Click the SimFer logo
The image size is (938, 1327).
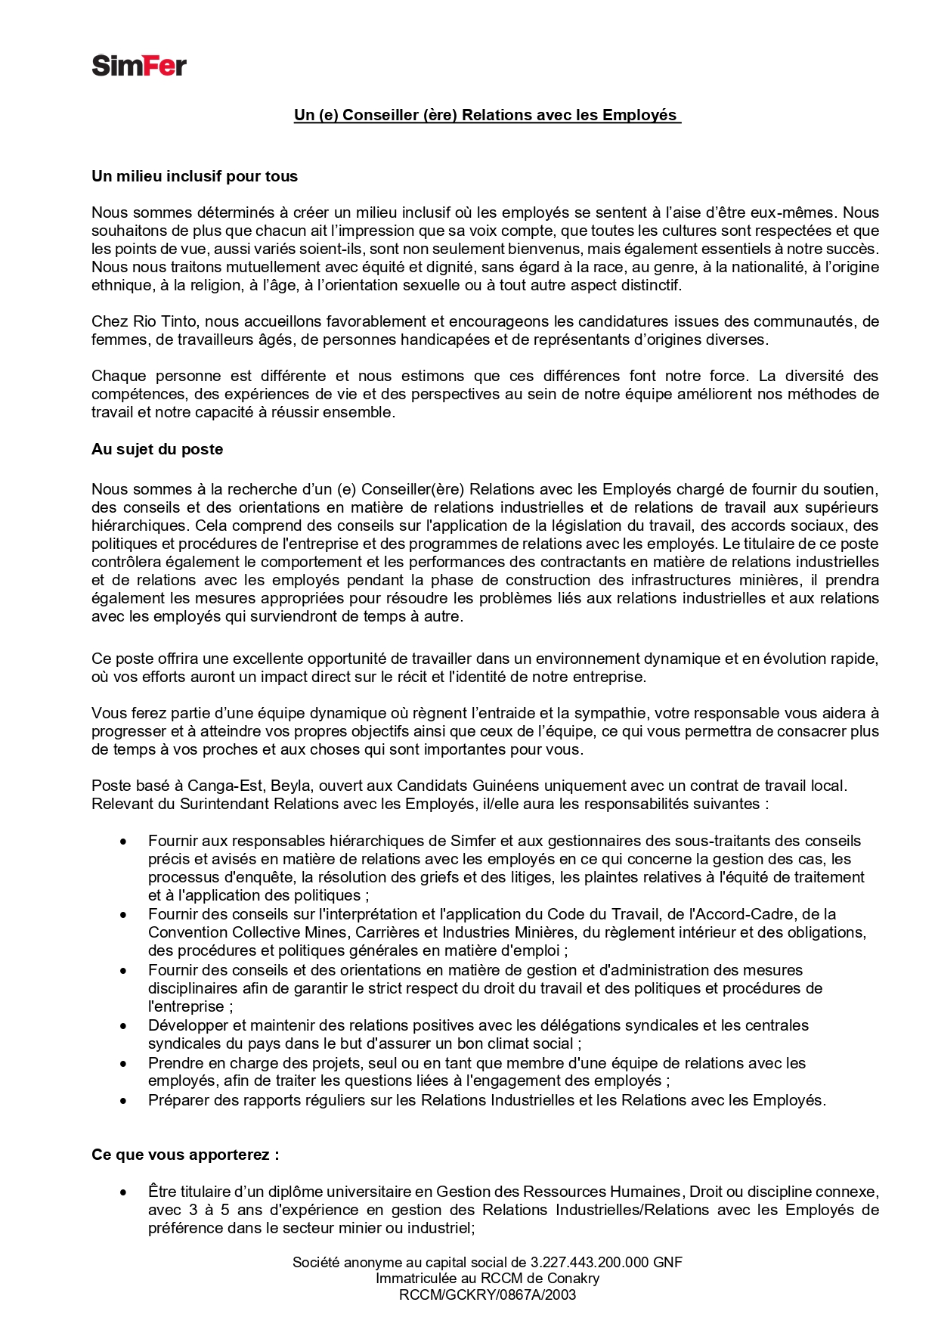point(139,66)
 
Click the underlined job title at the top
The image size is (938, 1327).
point(487,115)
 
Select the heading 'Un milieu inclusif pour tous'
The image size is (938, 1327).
point(194,176)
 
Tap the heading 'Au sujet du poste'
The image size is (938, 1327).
point(157,449)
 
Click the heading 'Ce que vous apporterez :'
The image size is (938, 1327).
point(185,1155)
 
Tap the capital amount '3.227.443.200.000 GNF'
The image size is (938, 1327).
point(606,1262)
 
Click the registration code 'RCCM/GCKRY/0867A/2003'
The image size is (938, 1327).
point(488,1294)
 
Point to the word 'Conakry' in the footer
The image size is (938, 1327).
point(573,1279)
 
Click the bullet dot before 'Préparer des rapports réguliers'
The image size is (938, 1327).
point(123,1101)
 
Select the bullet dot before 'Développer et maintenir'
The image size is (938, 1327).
point(123,1026)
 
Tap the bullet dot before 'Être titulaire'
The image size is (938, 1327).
point(123,1192)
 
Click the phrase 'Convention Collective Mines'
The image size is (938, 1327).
point(248,932)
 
